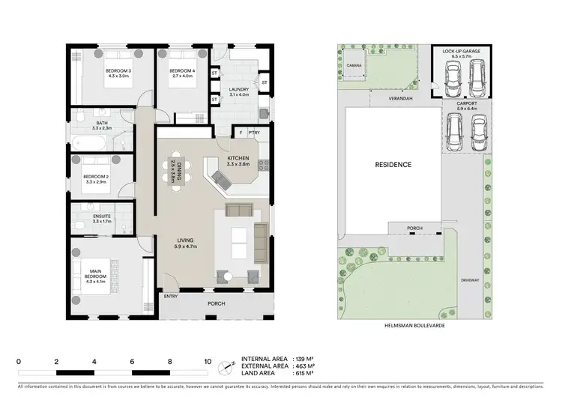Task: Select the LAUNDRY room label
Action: (x=239, y=91)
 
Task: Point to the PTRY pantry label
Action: (x=254, y=133)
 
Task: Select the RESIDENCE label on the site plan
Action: (x=393, y=164)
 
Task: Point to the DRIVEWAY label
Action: (x=470, y=280)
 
